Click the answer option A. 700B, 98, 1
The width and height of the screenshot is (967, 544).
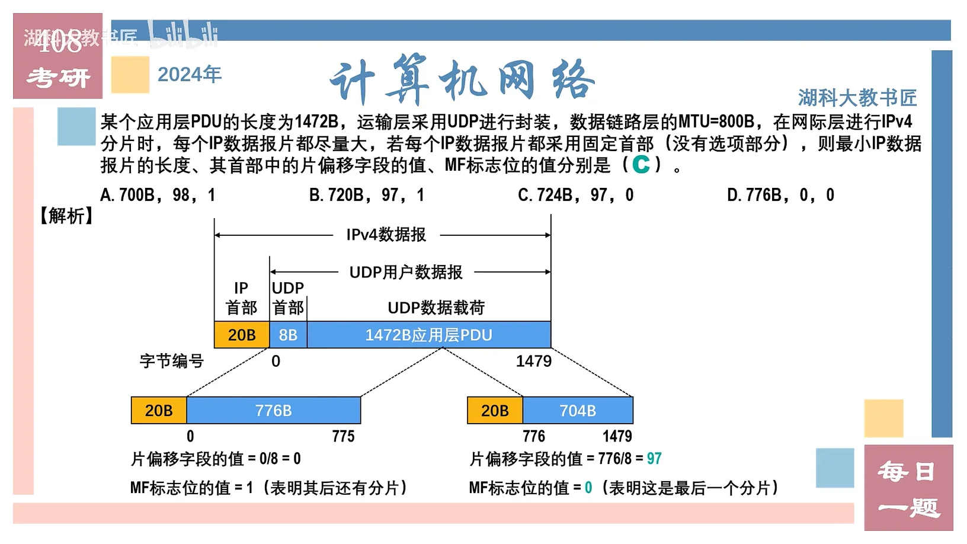[x=158, y=195]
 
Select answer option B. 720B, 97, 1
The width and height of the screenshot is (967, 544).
[x=367, y=195]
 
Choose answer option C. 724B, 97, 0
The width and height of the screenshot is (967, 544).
[x=575, y=195]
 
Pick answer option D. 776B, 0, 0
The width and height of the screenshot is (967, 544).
[x=780, y=195]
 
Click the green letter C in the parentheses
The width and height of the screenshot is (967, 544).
[x=641, y=164]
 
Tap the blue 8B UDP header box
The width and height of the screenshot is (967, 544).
[x=288, y=335]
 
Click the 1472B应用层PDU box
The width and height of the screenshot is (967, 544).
[x=428, y=335]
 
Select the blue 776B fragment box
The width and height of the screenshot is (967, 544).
[x=273, y=411]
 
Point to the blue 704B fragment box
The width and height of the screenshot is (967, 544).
[x=578, y=411]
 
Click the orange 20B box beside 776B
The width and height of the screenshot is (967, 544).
[x=159, y=411]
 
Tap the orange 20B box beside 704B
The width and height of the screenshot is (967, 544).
[x=495, y=411]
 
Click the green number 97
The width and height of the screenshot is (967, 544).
[x=654, y=459]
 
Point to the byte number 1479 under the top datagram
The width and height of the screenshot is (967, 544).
[x=533, y=361]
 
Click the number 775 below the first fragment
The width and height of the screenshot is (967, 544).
[x=343, y=437]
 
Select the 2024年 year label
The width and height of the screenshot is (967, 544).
[x=190, y=74]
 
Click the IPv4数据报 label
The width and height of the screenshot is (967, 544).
[x=386, y=235]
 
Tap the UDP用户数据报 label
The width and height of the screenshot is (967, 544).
[x=406, y=272]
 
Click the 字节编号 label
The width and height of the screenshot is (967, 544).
[x=171, y=361]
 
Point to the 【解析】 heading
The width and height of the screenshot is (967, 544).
[x=66, y=216]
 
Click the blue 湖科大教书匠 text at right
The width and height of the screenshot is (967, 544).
[x=857, y=98]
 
